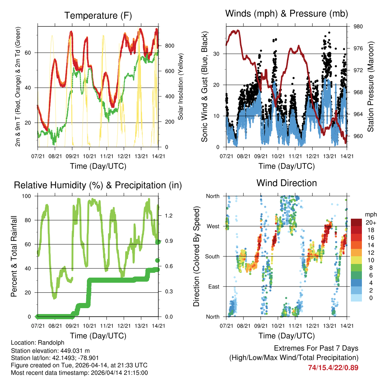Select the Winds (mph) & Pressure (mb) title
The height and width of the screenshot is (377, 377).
point(286,14)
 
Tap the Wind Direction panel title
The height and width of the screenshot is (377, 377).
point(286,183)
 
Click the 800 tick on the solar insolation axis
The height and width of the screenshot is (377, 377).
point(170,46)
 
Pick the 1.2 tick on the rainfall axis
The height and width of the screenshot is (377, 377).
point(166,215)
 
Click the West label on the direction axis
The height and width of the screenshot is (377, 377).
point(213,226)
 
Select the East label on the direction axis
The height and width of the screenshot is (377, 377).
point(214,286)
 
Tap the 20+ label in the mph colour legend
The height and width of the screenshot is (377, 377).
point(370,222)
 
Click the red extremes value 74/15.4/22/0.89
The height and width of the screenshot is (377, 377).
point(333,367)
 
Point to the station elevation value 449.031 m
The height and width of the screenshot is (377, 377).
point(75,350)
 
